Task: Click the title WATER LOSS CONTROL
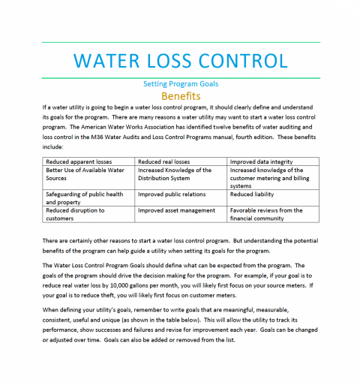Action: click(x=181, y=60)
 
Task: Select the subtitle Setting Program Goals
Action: click(x=180, y=84)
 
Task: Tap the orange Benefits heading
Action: click(x=180, y=96)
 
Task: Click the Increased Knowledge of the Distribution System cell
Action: click(x=174, y=174)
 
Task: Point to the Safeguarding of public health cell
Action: click(x=84, y=198)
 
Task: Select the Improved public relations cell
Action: click(x=172, y=194)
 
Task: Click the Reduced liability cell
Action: click(x=252, y=194)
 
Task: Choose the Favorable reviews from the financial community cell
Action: click(x=265, y=214)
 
